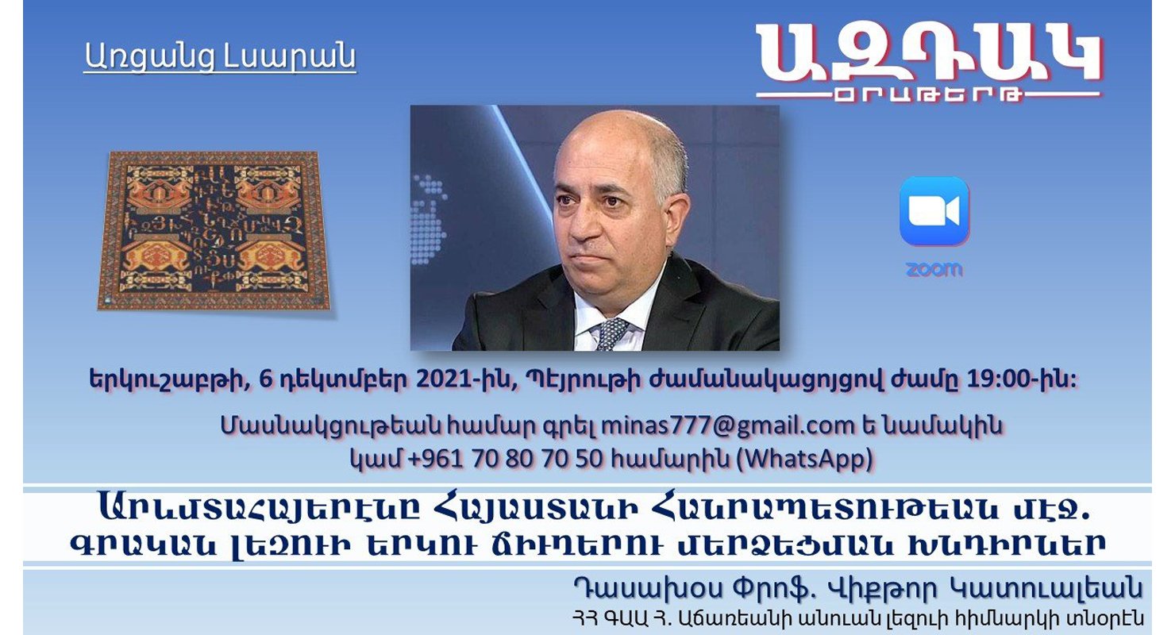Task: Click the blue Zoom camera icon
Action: [934, 211]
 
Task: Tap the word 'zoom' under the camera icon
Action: [934, 270]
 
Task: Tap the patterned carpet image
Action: [214, 231]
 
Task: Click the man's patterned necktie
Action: [611, 333]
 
